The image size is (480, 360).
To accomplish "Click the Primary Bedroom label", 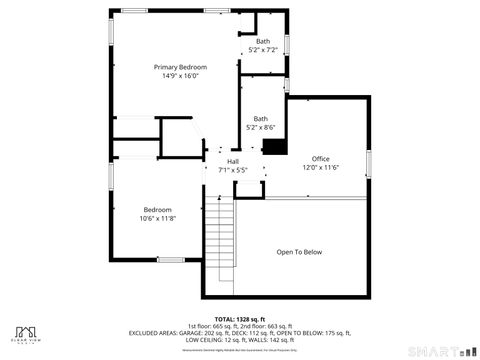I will (x=180, y=67).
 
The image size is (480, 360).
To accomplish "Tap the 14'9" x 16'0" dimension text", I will (x=180, y=76).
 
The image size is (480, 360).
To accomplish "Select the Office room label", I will (x=320, y=159).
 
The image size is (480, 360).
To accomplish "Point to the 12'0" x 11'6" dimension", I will (x=320, y=167).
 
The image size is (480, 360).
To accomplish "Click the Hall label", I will (x=233, y=162).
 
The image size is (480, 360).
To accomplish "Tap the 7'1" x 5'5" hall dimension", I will (x=233, y=170).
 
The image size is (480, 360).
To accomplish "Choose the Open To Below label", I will (x=300, y=252).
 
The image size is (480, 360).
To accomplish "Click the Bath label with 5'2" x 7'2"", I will (x=262, y=41).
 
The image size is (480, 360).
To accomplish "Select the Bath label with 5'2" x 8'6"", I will (x=260, y=119).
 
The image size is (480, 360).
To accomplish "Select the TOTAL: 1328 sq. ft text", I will (x=239, y=318).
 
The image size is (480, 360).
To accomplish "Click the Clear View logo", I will (x=27, y=334).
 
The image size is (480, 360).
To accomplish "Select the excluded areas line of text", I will (x=239, y=333).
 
